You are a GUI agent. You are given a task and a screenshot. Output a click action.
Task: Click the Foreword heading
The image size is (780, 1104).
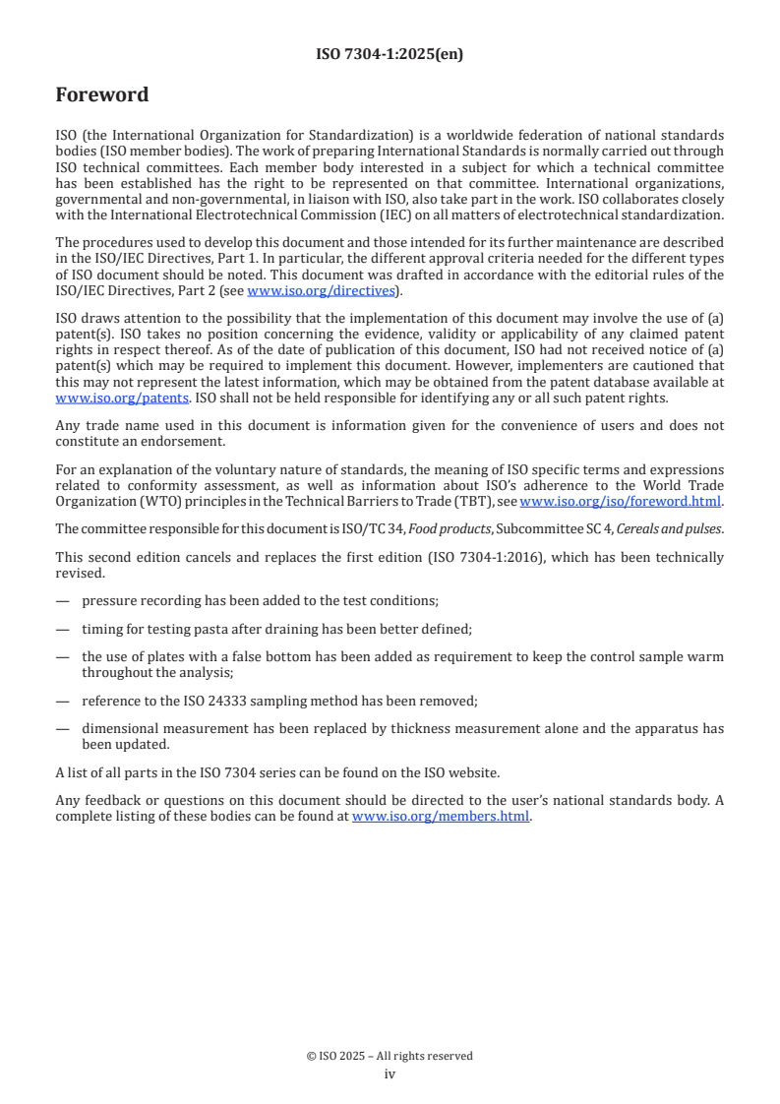[102, 95]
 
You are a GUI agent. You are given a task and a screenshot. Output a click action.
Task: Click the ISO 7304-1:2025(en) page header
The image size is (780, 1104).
[390, 55]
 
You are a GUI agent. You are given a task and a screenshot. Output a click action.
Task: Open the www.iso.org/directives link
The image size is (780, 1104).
[321, 290]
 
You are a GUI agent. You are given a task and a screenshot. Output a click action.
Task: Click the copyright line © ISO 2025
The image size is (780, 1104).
[390, 1056]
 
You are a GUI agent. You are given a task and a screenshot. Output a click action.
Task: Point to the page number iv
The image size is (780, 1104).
[390, 1073]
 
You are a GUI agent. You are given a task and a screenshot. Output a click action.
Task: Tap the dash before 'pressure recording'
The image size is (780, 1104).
[63, 600]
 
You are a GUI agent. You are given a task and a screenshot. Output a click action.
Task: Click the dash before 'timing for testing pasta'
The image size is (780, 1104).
[63, 628]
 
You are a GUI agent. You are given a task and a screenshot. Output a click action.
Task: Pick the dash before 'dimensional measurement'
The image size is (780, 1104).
[63, 728]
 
